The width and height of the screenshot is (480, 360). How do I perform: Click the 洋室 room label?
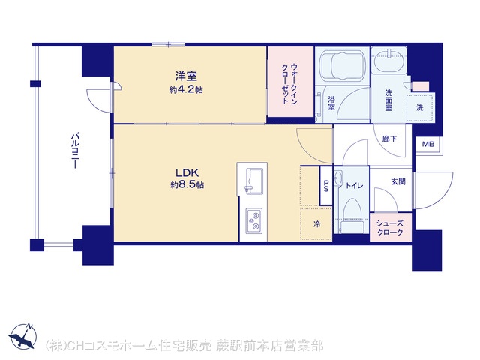click(186, 76)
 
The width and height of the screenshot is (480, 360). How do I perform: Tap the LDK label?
click(187, 173)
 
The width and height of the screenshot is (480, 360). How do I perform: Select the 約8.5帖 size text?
click(187, 185)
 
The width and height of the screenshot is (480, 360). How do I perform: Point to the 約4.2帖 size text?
click(186, 90)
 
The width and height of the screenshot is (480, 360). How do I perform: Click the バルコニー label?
click(75, 151)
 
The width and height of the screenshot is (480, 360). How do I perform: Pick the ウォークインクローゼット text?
click(289, 83)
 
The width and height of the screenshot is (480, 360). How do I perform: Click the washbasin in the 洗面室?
click(389, 61)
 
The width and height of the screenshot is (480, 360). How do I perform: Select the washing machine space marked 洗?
click(420, 107)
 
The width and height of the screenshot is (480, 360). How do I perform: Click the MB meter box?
click(428, 144)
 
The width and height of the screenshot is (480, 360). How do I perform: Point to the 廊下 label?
click(389, 139)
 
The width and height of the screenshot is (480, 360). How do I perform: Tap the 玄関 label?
click(398, 181)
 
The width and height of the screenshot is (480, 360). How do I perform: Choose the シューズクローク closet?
click(390, 227)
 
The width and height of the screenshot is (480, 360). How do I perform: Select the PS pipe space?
click(326, 185)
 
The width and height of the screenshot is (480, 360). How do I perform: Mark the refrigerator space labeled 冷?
click(316, 224)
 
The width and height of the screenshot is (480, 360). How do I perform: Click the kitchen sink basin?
click(253, 181)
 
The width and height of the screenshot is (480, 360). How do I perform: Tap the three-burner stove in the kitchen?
click(253, 221)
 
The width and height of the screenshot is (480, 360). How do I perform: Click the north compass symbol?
click(23, 336)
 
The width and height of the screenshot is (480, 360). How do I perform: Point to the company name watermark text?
click(184, 346)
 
